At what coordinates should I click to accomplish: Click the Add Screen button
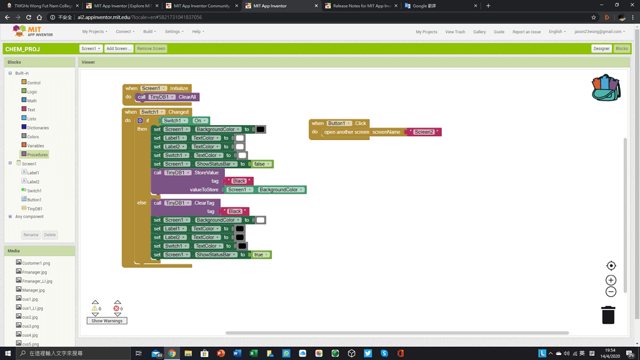point(119,48)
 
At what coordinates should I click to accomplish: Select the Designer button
point(601,48)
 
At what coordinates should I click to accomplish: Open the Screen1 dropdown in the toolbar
point(91,48)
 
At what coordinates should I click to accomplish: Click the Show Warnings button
point(107,321)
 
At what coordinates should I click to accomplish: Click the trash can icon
point(608,315)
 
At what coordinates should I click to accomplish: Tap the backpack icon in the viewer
point(606,88)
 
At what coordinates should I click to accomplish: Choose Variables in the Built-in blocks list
point(35,146)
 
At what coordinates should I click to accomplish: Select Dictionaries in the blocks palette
point(37,127)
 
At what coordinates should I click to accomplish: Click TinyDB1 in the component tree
point(34,209)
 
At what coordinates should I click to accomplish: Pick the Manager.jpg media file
point(33,290)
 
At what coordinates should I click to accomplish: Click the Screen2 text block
point(424,132)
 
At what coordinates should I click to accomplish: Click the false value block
point(259,164)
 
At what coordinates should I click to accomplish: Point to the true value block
point(259,254)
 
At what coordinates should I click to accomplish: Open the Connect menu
point(125,31)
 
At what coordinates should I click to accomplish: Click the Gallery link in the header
point(479,32)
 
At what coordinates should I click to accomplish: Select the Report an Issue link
point(526,32)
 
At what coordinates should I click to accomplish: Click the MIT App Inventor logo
point(32,31)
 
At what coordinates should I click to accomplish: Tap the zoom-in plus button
point(611,280)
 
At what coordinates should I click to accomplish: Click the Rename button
point(31,235)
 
